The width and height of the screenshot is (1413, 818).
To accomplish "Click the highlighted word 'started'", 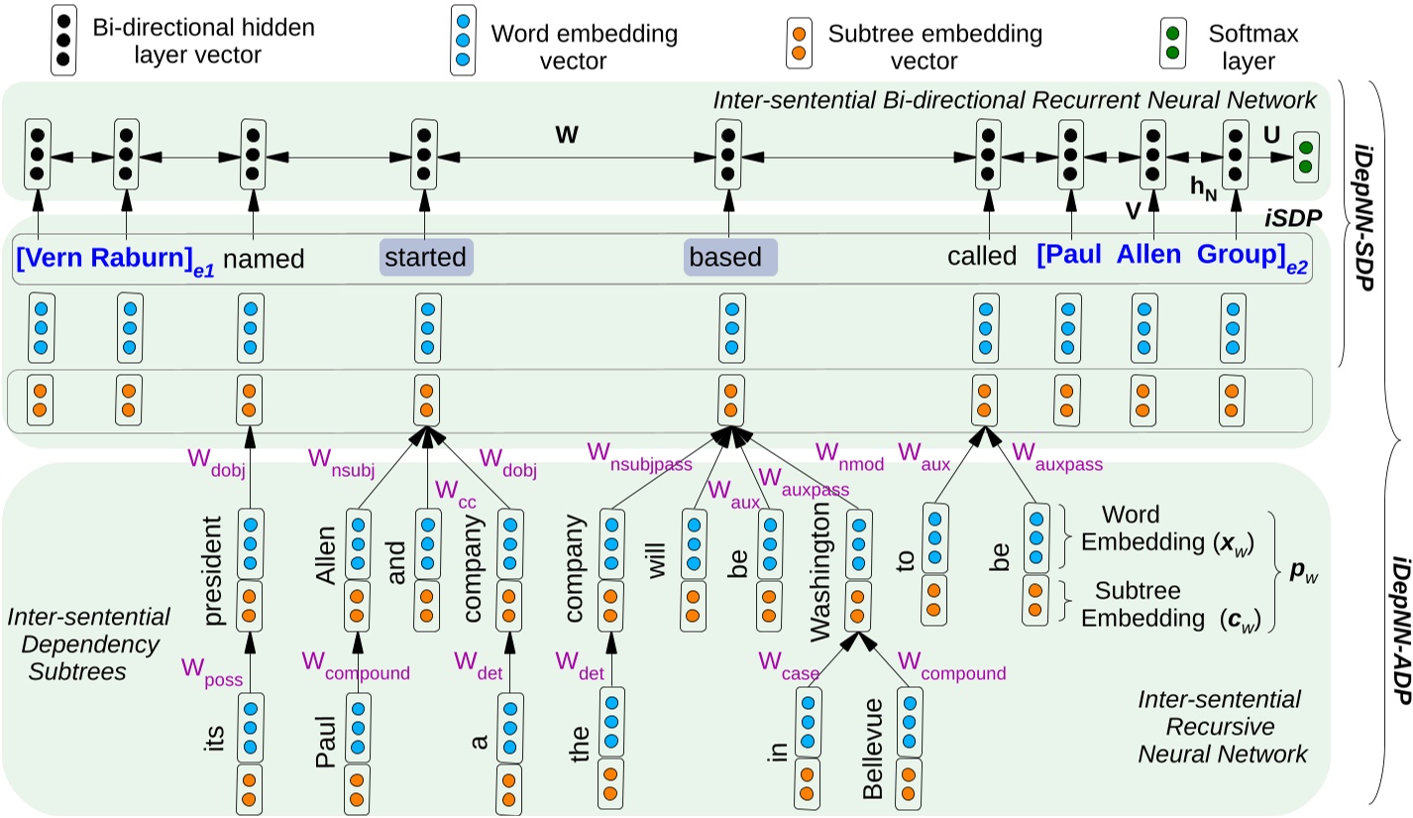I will coord(426,258).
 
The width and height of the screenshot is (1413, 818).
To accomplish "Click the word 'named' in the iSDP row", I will coord(264,259).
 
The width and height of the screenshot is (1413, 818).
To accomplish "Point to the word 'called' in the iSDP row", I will coord(982,257).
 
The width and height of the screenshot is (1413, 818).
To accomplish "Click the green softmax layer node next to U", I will coord(1305,157).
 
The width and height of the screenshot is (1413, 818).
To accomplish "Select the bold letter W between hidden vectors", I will coord(566,135).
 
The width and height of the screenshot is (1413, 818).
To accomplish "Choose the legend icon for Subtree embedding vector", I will coord(800,45).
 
